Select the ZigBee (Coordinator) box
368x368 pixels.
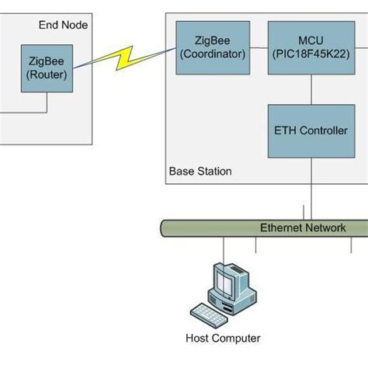(x=211, y=47)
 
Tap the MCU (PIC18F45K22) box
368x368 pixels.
(x=311, y=47)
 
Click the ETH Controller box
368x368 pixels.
(x=311, y=130)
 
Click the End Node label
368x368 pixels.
(x=63, y=26)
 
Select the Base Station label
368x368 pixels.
(x=200, y=171)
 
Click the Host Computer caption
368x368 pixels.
(x=223, y=338)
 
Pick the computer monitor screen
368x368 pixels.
(x=230, y=280)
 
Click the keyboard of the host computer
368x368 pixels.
(x=212, y=313)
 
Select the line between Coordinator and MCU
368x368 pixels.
(x=257, y=48)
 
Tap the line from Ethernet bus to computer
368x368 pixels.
(x=224, y=248)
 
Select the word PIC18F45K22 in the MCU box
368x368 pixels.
(x=311, y=54)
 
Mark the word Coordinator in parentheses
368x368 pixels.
(x=211, y=54)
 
